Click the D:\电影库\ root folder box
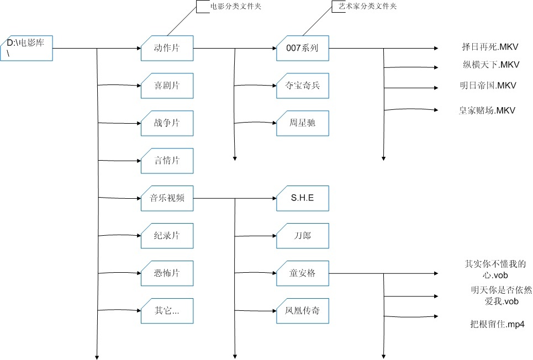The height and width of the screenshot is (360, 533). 27,48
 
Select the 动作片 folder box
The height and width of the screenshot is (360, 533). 167,48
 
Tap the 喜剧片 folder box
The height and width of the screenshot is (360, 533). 167,86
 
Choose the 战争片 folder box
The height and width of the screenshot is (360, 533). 167,123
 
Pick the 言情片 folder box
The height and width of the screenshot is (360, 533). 167,161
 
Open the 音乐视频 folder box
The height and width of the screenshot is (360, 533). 167,198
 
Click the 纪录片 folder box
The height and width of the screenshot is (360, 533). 167,236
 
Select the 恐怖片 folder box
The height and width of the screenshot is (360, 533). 167,273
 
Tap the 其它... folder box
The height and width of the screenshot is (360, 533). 167,311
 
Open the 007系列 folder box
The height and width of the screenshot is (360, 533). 303,48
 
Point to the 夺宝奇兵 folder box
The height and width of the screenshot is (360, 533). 303,86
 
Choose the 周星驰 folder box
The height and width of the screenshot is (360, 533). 303,123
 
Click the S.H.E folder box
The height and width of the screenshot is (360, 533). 303,198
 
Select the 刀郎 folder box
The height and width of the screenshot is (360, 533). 303,236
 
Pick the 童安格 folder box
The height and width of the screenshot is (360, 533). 303,273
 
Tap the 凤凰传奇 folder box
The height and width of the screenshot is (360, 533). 303,311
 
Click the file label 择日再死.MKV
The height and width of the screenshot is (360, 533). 490,47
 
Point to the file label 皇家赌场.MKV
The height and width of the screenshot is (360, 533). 487,110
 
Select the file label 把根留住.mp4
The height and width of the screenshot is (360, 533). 497,324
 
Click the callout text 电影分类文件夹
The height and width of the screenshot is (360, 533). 236,6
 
